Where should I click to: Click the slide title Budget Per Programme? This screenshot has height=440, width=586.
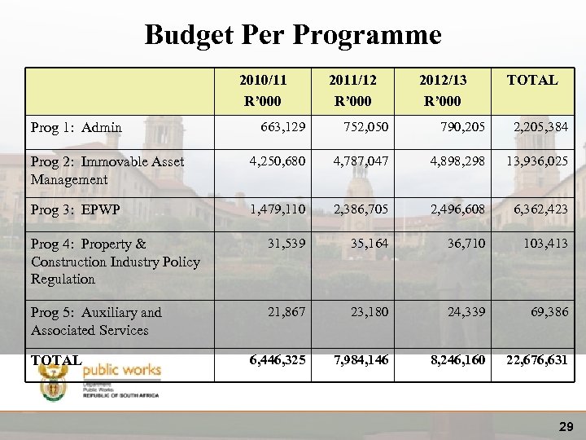[x=293, y=35]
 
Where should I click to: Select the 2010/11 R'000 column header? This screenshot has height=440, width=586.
[x=265, y=90]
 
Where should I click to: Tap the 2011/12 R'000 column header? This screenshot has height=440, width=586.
[x=352, y=90]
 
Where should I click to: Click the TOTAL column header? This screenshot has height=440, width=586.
[x=531, y=80]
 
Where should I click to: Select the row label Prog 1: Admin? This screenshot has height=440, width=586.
[x=77, y=127]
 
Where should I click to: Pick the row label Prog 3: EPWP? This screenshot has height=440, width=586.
[x=75, y=210]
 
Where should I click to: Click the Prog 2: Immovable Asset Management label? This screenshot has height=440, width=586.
[x=107, y=170]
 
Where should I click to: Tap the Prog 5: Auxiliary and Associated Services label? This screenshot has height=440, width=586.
[x=96, y=321]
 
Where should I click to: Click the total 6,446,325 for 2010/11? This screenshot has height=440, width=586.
[x=273, y=359]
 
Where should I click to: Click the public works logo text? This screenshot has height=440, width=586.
[x=122, y=371]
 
